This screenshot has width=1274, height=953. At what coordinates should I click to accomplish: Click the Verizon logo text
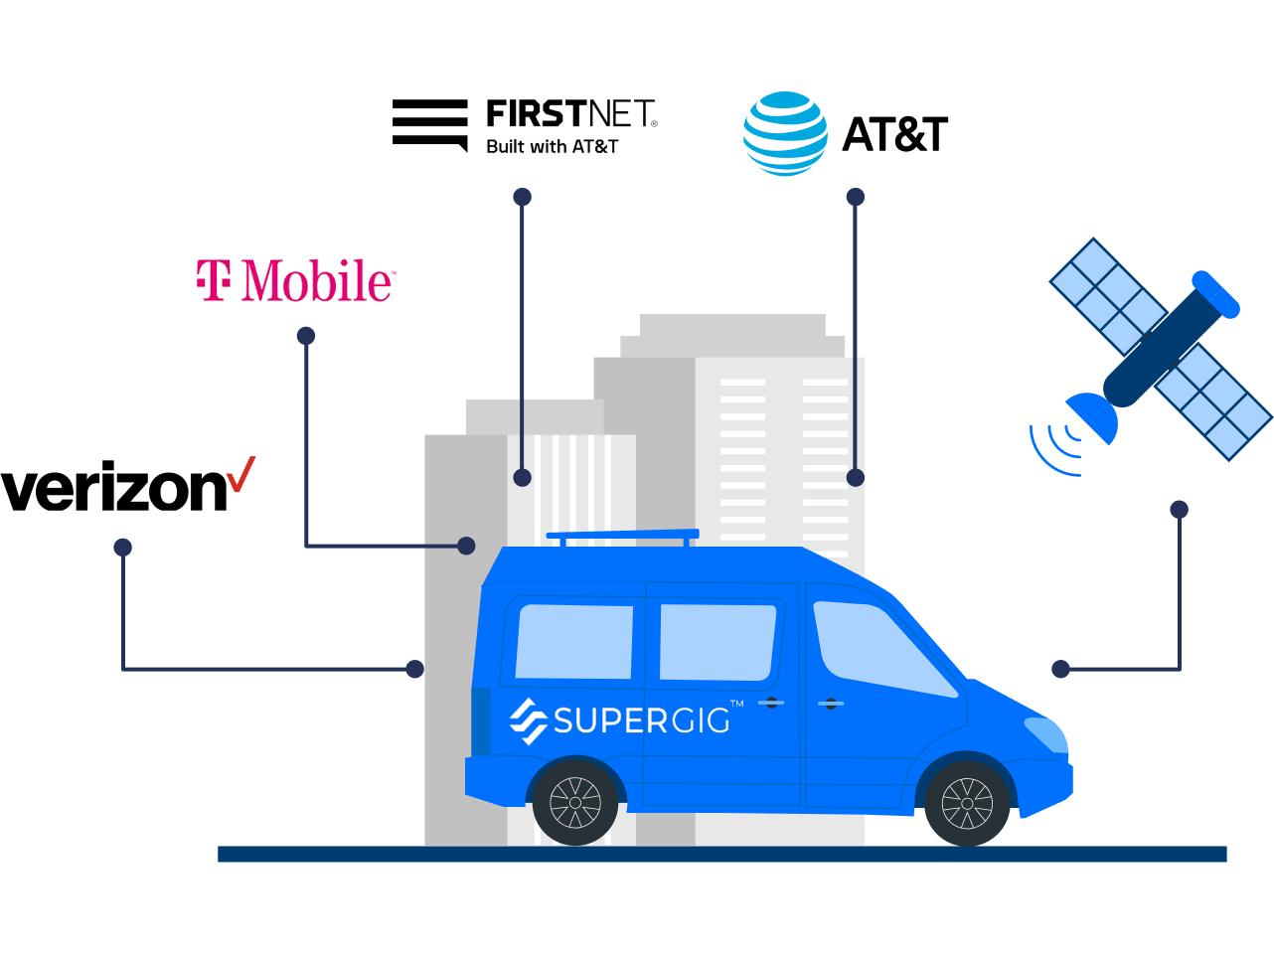tap(114, 488)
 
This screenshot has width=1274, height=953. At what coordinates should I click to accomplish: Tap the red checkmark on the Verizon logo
tap(241, 475)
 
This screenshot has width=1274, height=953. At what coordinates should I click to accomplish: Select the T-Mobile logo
tap(295, 281)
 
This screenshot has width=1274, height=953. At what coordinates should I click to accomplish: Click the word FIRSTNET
tap(569, 114)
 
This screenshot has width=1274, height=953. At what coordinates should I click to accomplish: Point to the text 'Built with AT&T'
tap(552, 147)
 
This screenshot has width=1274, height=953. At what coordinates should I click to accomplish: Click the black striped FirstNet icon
tap(429, 124)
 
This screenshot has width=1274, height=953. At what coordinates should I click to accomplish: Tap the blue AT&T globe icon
tap(785, 134)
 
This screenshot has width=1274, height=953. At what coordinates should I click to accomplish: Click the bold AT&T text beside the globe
tap(894, 135)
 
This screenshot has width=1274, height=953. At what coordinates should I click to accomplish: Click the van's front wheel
tap(966, 802)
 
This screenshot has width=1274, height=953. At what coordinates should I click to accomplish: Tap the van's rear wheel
tap(574, 802)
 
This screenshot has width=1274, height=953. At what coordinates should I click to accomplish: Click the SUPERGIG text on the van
tap(641, 719)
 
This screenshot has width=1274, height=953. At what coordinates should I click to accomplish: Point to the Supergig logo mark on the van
tap(528, 720)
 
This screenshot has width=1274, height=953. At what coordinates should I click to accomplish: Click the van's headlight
tap(1045, 733)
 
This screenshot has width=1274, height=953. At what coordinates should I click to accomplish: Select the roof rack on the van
tap(623, 538)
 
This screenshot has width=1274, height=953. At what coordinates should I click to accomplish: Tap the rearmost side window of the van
tap(574, 641)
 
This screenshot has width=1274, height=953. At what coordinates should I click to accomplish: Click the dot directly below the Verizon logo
tap(123, 547)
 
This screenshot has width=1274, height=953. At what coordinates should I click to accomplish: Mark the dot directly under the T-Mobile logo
tap(306, 336)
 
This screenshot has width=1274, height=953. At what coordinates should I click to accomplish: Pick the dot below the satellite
tap(1180, 510)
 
